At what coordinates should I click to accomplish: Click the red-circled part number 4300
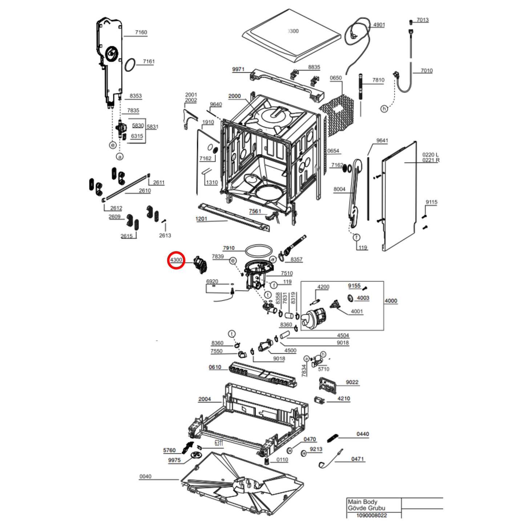[x=176, y=260]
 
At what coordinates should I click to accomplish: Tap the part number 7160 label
[x=141, y=32]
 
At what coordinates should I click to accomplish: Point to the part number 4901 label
[x=379, y=25]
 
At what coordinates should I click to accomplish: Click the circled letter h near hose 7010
[x=384, y=109]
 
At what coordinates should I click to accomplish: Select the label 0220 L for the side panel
[x=430, y=155]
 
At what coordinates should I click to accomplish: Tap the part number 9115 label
[x=431, y=202]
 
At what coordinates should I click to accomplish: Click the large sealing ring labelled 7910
[x=259, y=251]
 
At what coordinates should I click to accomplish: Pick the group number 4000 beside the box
[x=391, y=301]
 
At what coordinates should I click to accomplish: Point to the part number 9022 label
[x=352, y=382]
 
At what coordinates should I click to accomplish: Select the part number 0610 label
[x=215, y=367]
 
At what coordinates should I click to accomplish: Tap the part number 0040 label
[x=145, y=476]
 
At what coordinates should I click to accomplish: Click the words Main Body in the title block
[x=363, y=502]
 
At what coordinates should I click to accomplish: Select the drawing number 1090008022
[x=371, y=515]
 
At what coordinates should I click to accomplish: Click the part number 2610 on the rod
[x=145, y=191]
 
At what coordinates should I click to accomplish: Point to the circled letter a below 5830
[x=120, y=157]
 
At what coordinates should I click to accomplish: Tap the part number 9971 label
[x=238, y=69]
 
